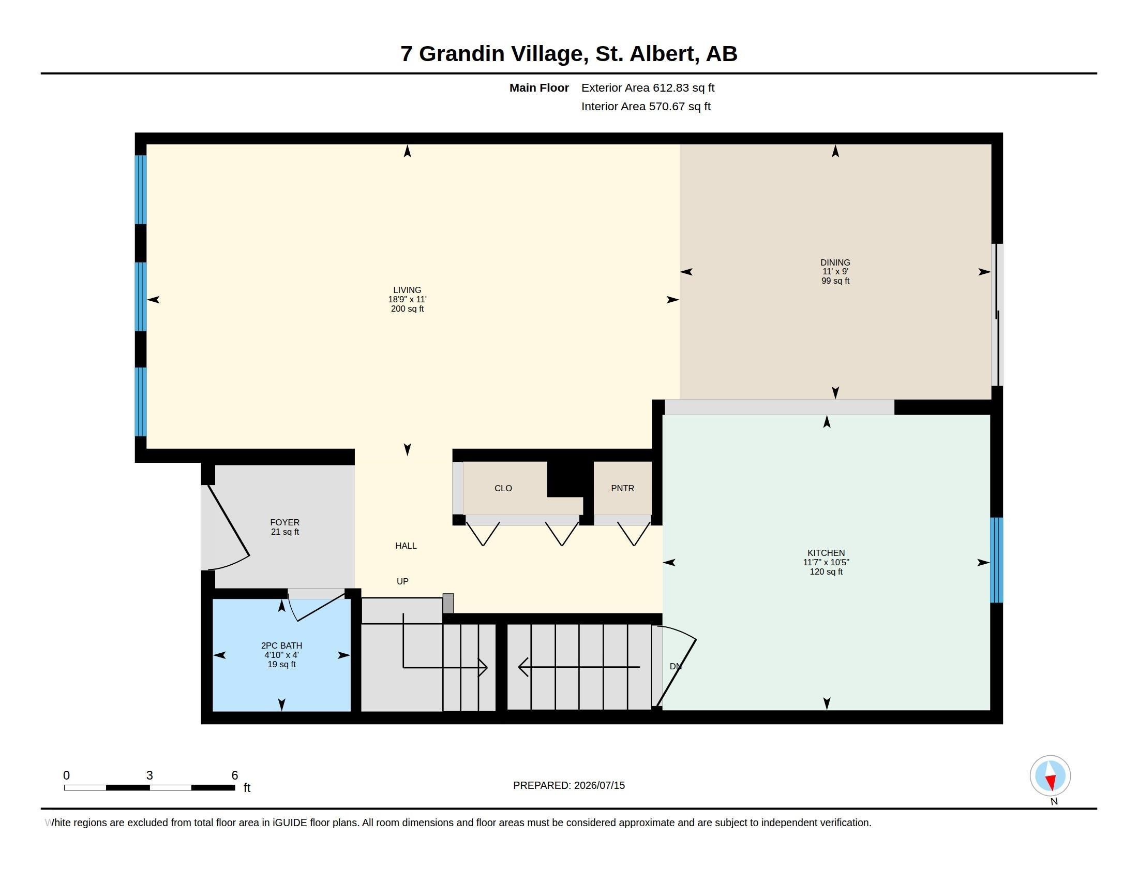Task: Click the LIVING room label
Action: point(407,290)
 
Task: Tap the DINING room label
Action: point(835,262)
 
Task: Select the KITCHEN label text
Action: point(826,553)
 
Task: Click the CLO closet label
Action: point(503,488)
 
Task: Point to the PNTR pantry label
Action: point(622,488)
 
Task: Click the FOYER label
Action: point(284,522)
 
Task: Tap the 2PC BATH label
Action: point(281,646)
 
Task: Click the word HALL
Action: point(406,545)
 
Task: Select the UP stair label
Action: point(402,581)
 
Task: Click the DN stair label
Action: point(675,666)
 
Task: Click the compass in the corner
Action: point(1050,776)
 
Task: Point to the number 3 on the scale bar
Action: point(149,775)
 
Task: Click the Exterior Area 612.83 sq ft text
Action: point(648,87)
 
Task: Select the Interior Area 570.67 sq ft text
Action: point(646,106)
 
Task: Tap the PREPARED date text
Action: point(568,785)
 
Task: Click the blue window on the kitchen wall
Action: point(996,560)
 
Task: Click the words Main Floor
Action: point(539,87)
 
